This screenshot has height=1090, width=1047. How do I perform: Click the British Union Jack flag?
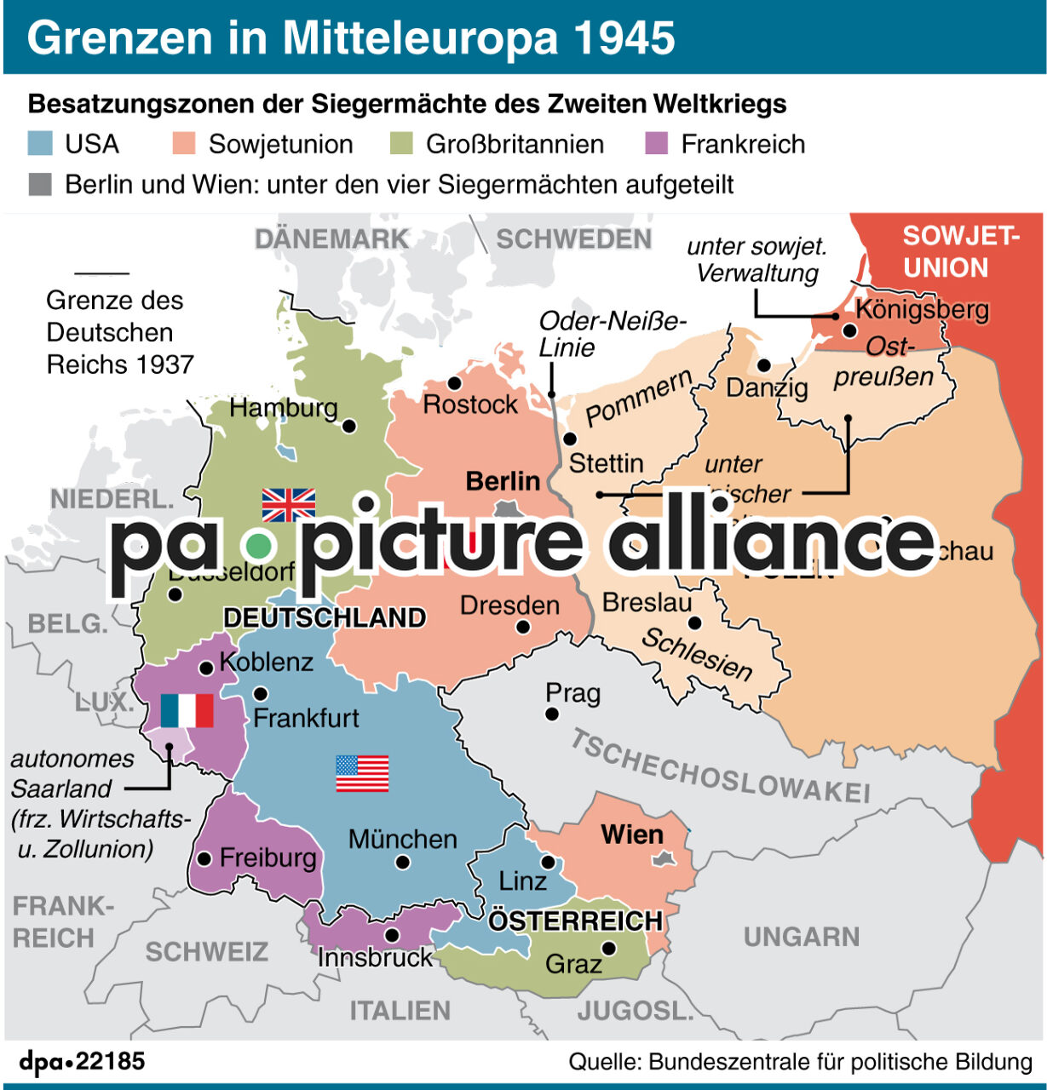coord(288,505)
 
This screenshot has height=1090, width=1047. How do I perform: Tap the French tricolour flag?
coord(187,710)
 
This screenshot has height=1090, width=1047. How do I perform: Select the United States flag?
coord(362,773)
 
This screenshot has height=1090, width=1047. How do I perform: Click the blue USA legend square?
coord(41,143)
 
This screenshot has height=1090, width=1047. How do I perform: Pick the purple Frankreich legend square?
coord(657,143)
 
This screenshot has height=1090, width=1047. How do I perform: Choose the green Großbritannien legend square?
coord(401,143)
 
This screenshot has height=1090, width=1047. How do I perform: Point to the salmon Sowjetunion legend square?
coord(184,143)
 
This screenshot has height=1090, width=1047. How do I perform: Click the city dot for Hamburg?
coord(348,426)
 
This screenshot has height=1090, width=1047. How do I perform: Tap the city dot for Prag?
coord(552,714)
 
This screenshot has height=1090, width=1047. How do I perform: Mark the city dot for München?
coord(403,863)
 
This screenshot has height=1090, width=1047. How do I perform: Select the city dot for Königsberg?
coord(849,330)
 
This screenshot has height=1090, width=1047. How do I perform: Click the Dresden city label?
coord(509,605)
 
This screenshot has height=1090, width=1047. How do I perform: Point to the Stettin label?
coord(606,463)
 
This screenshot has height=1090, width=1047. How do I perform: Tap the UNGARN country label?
coord(801,937)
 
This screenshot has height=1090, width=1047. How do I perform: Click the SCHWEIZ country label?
coord(206,951)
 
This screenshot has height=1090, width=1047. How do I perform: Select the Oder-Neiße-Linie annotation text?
coord(612,334)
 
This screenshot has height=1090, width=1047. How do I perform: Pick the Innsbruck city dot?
coord(392,935)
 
